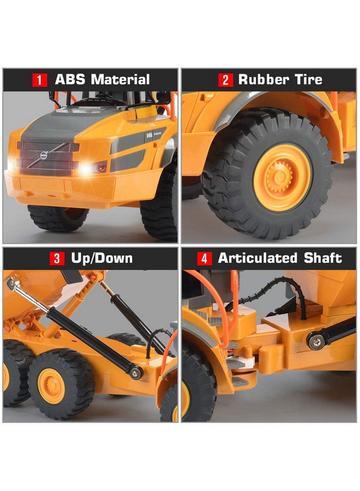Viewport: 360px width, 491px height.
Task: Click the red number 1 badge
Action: click(x=39, y=80)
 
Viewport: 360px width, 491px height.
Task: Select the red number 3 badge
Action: click(x=57, y=259)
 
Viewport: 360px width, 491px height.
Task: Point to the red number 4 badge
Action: click(x=204, y=259)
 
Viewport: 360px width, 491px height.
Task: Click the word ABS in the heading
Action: click(x=69, y=80)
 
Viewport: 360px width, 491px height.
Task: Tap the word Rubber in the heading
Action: click(x=264, y=80)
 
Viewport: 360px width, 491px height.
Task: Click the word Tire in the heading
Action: click(x=309, y=80)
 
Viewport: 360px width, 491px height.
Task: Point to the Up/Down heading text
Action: click(x=102, y=258)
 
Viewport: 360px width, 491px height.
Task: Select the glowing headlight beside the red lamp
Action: click(x=86, y=169)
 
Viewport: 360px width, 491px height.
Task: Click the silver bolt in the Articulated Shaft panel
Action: click(x=315, y=342)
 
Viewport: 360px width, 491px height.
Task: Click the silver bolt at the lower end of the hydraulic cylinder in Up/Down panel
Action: click(x=135, y=372)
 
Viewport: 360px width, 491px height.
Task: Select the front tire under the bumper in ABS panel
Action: click(x=57, y=217)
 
